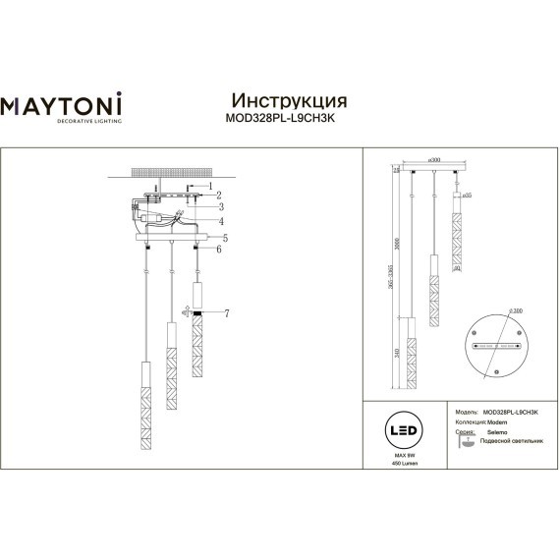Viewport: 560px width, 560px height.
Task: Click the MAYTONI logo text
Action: [66, 103]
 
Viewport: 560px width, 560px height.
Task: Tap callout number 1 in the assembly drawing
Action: [208, 186]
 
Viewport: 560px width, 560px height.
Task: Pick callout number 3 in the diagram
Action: [222, 206]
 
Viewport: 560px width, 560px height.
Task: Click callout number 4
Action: [223, 220]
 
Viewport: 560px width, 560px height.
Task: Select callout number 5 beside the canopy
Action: [224, 238]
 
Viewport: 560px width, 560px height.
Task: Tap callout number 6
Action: [221, 252]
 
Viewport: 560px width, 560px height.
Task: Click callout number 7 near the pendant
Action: [225, 313]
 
